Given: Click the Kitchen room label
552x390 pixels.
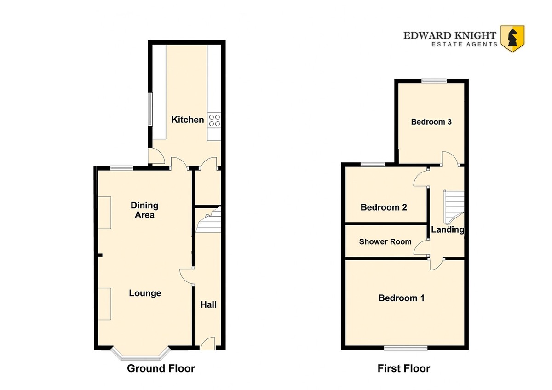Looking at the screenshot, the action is click(x=188, y=120).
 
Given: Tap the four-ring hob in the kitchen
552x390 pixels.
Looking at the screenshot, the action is click(x=214, y=120).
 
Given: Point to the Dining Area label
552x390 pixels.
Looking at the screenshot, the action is click(x=144, y=210).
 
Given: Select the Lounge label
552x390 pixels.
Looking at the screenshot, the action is click(x=145, y=293).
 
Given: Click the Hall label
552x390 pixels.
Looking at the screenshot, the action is click(x=208, y=305).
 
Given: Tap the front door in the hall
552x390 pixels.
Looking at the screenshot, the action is click(x=207, y=344).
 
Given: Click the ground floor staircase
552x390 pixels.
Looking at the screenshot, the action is click(x=208, y=220).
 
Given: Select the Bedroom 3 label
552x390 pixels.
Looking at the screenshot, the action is click(x=431, y=122).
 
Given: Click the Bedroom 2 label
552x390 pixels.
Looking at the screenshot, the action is click(x=384, y=207).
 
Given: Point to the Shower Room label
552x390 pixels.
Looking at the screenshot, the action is click(x=385, y=242).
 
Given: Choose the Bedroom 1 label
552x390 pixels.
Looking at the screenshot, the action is click(x=402, y=298).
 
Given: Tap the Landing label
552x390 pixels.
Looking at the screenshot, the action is click(x=448, y=229).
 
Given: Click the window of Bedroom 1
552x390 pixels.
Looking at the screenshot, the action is click(x=406, y=348).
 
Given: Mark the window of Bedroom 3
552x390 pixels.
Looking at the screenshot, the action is click(x=434, y=81).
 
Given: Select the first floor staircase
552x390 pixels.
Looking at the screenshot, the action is click(x=454, y=207).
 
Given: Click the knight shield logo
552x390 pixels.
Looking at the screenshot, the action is click(x=512, y=39).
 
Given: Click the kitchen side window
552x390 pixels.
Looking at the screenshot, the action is click(x=150, y=109).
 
